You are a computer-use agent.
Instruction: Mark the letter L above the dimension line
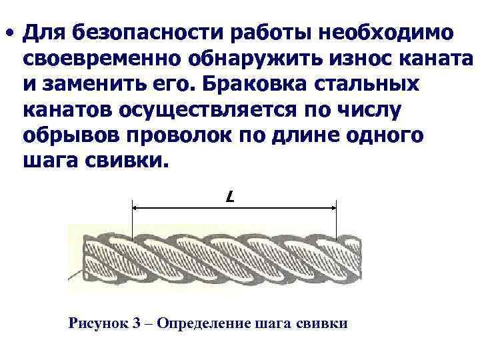click(230, 198)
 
